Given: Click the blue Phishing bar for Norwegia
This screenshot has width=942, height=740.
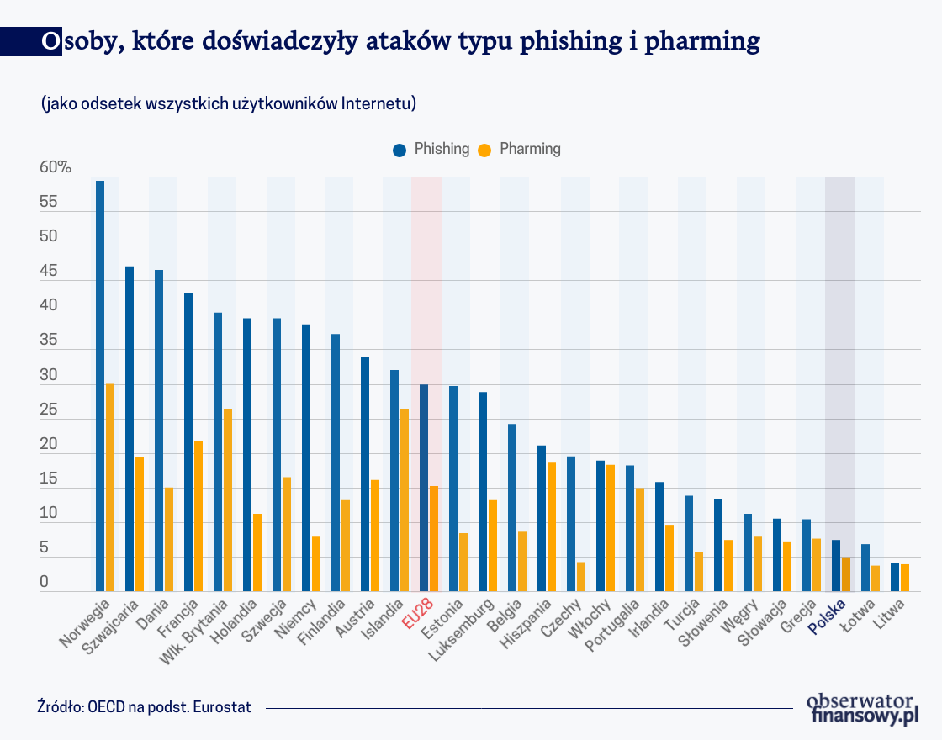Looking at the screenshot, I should coord(100,386).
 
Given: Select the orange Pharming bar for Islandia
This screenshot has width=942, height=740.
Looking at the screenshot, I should coord(405,500).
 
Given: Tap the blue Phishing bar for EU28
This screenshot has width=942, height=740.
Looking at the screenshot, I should coord(424,488).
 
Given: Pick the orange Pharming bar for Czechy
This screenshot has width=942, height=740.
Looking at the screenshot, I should coord(581,577).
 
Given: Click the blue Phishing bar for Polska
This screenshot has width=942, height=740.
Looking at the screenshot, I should coord(836,566).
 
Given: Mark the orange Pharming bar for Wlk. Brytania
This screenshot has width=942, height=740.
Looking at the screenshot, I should coord(228,500).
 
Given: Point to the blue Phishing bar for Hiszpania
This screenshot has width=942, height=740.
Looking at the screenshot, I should coord(542,518).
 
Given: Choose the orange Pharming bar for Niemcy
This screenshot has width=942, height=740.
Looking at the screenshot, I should coord(316,563).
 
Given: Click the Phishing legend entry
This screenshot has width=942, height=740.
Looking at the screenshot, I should coord(431,149).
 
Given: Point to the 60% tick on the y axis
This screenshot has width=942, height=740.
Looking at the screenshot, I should coord(56,167).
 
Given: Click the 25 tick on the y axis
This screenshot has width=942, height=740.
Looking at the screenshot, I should coord(48,410).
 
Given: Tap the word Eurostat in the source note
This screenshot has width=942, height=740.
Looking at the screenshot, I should coord(222,707).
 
